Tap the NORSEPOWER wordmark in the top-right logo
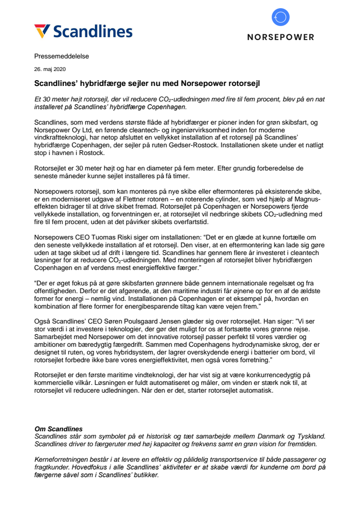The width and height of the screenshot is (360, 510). coord(280,37)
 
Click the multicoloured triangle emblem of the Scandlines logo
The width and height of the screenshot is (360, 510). coord(42,31)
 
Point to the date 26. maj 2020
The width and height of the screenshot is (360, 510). coord(51,69)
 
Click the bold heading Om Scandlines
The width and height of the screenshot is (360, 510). coord(59,428)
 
